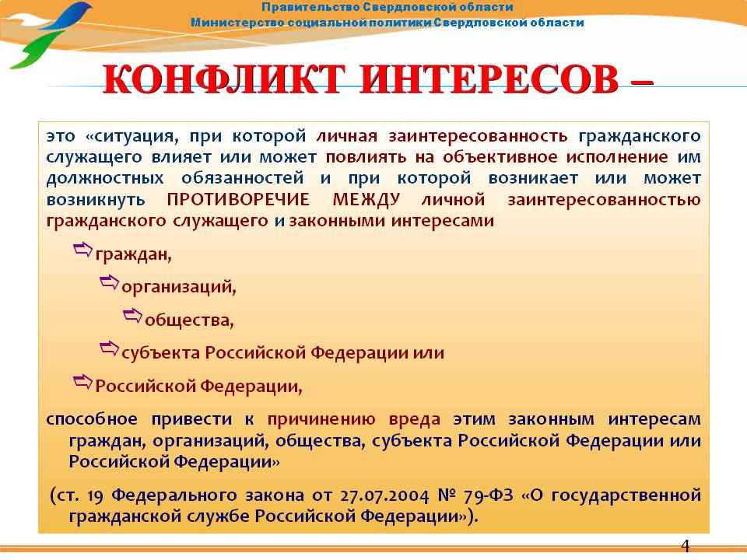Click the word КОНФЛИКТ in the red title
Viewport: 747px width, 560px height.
(224, 79)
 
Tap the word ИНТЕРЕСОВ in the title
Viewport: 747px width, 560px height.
(489, 79)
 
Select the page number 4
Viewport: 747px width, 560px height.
(685, 545)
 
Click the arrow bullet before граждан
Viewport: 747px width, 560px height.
(82, 250)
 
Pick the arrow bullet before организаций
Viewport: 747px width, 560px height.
(109, 282)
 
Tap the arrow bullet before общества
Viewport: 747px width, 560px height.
(132, 315)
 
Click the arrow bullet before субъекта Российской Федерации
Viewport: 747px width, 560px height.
(109, 348)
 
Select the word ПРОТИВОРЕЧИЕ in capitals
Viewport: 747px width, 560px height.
(238, 199)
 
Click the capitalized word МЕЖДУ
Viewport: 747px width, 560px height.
(366, 199)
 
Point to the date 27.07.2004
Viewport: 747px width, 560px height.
(384, 495)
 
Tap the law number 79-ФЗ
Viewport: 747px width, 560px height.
(489, 495)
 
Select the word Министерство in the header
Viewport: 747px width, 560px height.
(237, 23)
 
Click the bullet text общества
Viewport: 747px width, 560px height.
(189, 320)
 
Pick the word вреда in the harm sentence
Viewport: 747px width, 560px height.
(415, 419)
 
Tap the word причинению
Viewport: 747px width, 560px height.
(321, 420)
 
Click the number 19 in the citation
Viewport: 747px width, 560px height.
(95, 495)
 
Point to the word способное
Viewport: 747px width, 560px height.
(92, 419)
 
